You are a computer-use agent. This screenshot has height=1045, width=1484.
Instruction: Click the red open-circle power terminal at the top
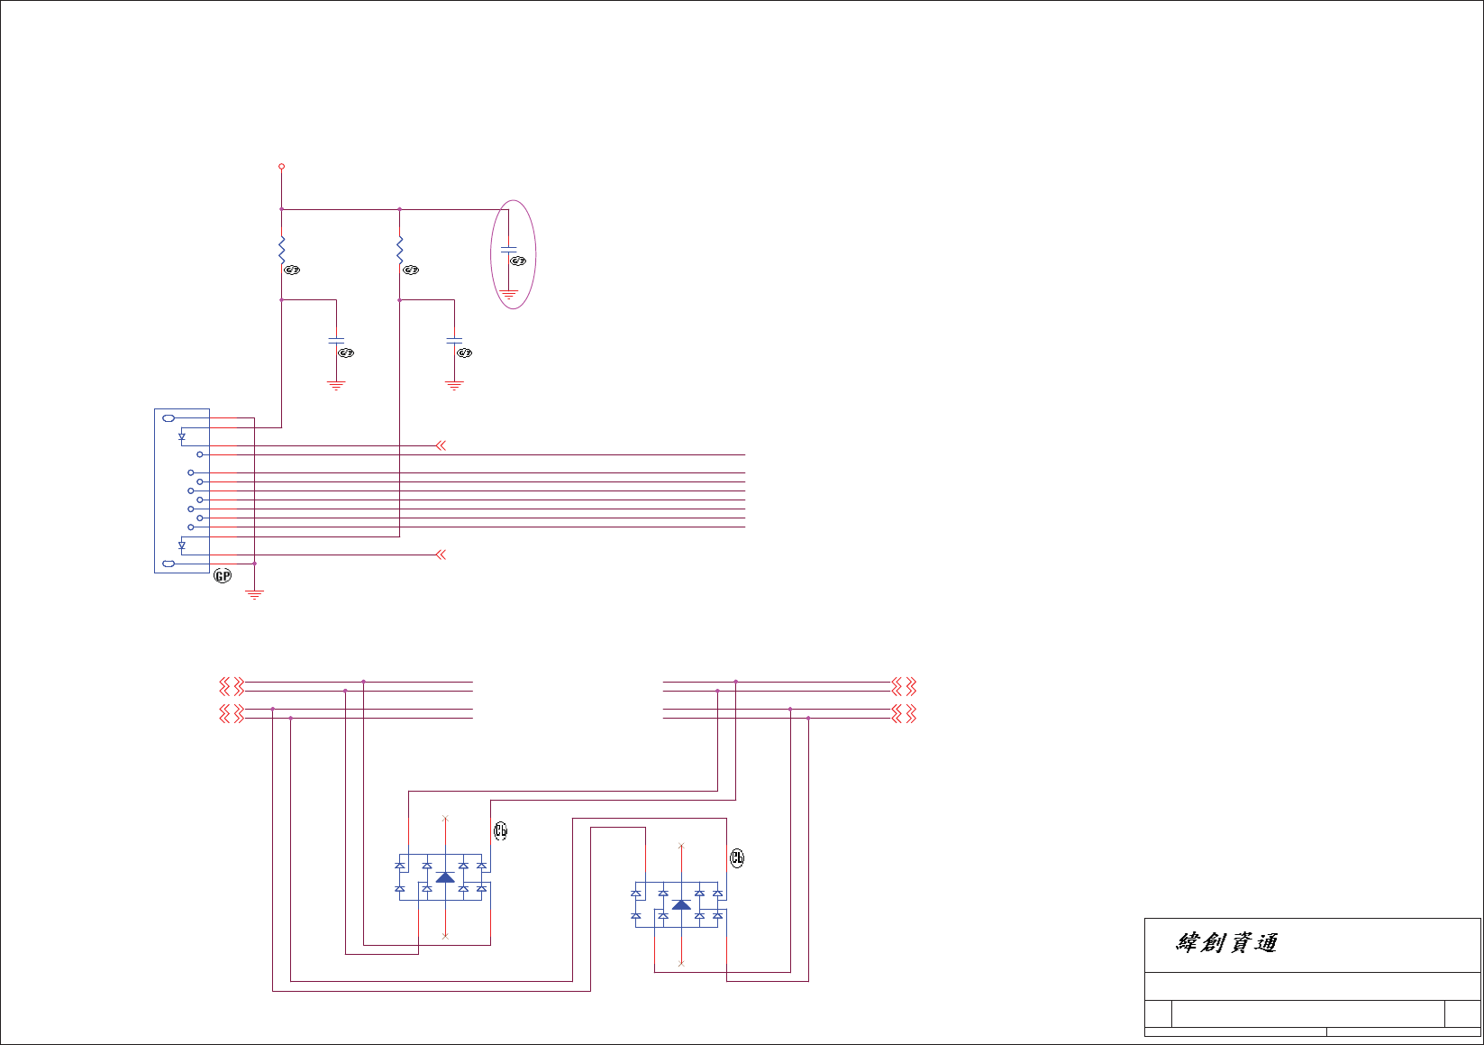point(281,167)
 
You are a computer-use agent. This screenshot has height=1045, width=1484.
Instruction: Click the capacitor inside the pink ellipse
point(508,248)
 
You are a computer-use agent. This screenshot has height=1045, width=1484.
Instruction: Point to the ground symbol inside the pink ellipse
point(508,294)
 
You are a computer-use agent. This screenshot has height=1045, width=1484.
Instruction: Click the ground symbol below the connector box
point(255,595)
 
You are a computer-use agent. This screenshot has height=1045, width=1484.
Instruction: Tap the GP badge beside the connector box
point(222,575)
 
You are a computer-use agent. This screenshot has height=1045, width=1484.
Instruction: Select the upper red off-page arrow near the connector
point(441,445)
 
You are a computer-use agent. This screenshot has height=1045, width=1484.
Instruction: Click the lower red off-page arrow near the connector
point(441,555)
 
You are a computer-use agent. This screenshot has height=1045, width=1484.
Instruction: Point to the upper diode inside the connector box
point(182,437)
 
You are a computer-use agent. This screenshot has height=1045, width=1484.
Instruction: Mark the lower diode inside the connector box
point(182,545)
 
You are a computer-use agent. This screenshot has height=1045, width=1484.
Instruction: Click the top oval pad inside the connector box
point(168,418)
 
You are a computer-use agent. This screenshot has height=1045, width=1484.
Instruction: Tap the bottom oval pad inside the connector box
point(168,564)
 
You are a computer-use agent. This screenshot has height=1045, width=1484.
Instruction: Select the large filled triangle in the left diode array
point(445,877)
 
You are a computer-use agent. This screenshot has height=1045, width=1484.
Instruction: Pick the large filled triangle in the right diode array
point(681,904)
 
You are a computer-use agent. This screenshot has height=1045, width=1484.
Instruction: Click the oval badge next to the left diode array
point(501,831)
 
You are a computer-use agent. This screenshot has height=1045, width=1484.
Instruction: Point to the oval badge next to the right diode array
point(737,857)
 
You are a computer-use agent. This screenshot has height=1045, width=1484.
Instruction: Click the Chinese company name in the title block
point(1226,943)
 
